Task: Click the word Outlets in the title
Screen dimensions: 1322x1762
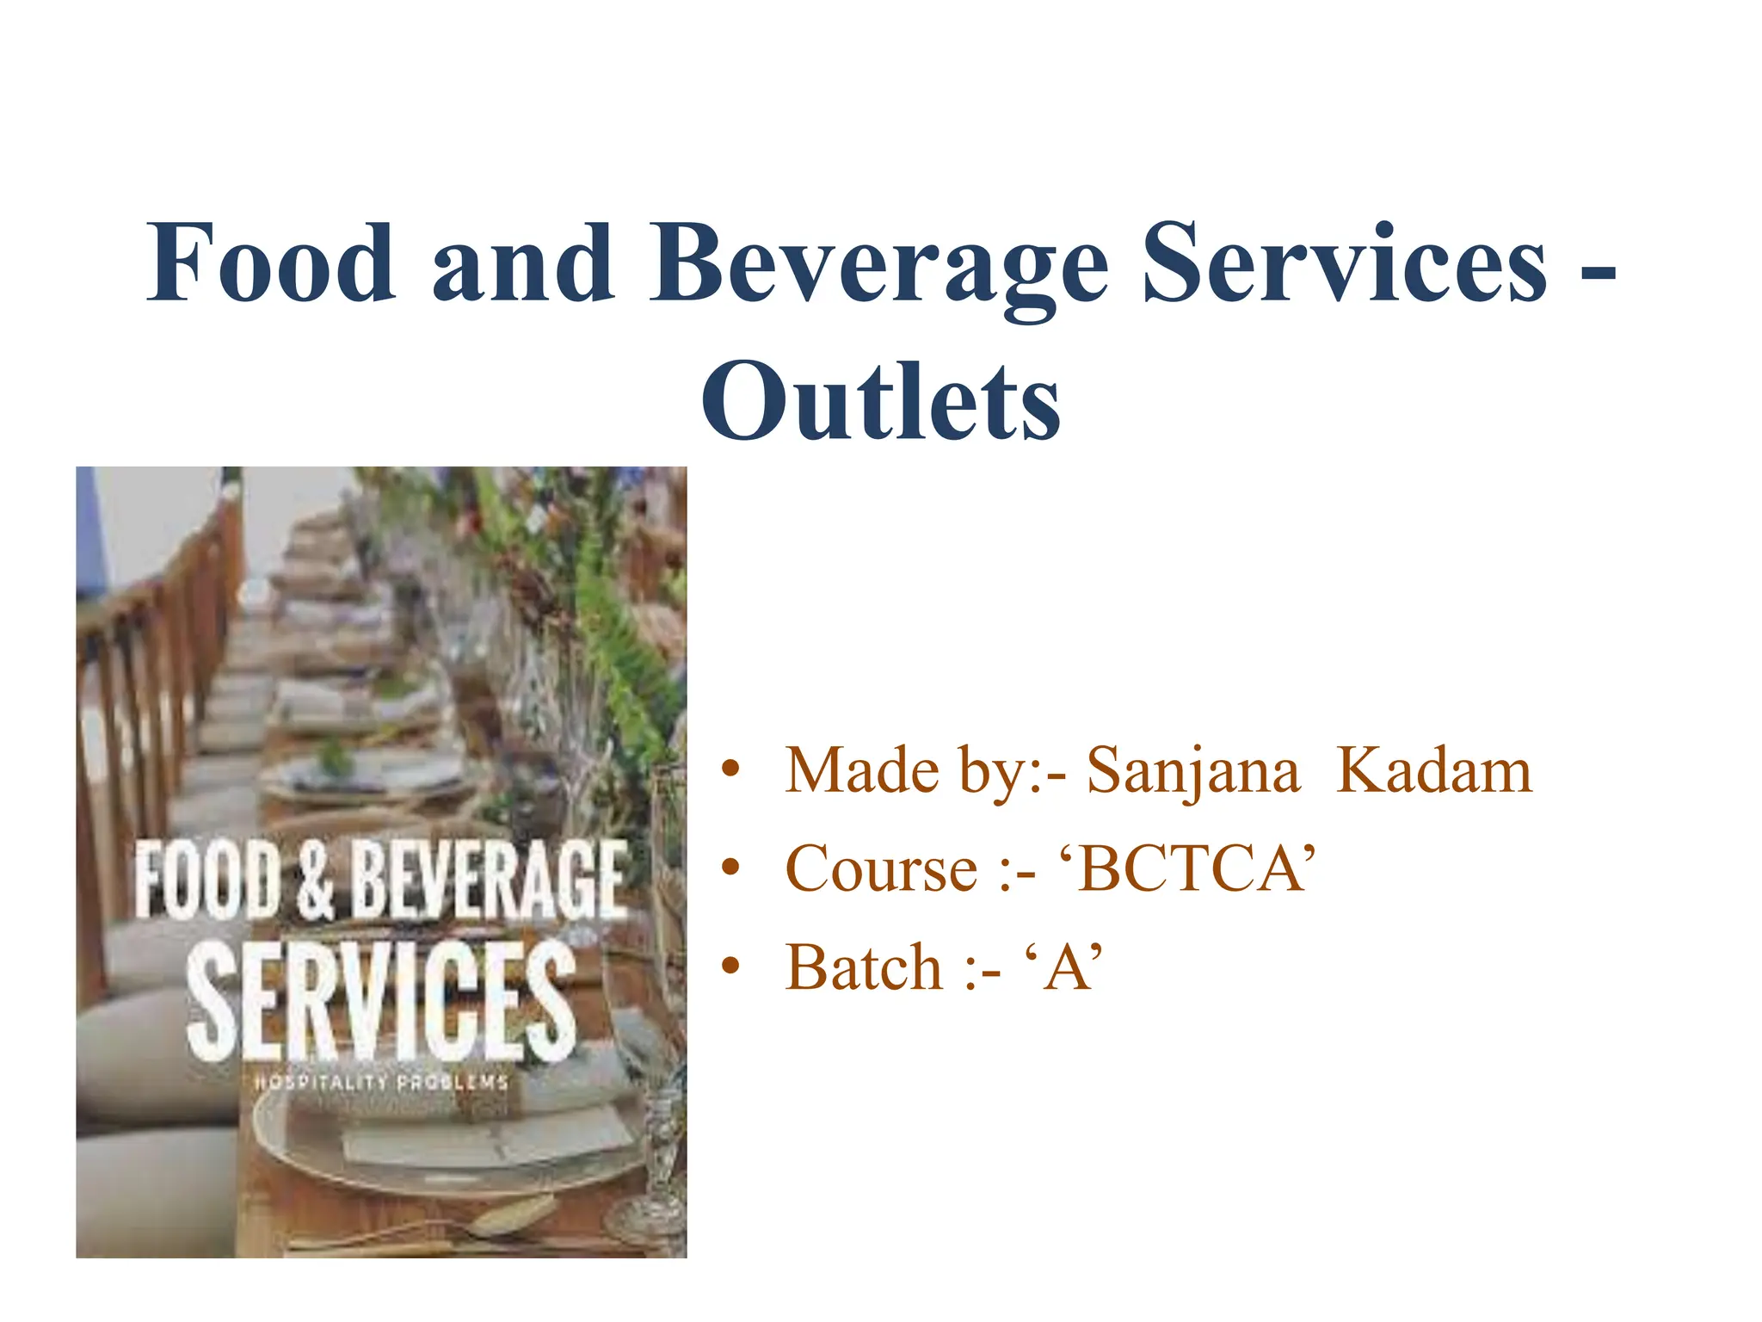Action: click(880, 401)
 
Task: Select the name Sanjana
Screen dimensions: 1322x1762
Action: click(1192, 771)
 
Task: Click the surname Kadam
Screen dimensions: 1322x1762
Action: click(1434, 771)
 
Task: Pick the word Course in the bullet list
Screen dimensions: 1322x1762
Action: click(881, 869)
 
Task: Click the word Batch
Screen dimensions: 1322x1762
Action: click(864, 968)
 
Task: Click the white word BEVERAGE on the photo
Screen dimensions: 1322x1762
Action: click(489, 880)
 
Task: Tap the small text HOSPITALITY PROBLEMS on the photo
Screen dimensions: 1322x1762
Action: click(381, 1083)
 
